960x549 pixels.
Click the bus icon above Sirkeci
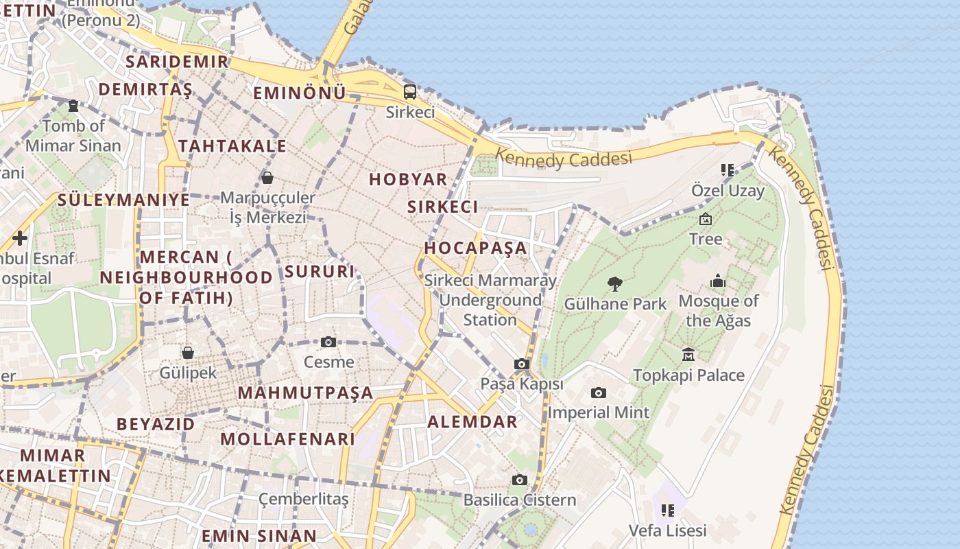coord(409,91)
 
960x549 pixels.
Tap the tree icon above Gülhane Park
coord(615,283)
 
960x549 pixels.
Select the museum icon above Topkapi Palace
coord(688,354)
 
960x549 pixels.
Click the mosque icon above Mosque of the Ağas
coord(718,281)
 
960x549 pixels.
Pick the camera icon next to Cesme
coord(328,342)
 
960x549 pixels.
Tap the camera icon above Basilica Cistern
coord(520,480)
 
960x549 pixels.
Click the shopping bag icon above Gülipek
coord(187,353)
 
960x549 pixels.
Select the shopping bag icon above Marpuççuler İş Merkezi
coord(267,178)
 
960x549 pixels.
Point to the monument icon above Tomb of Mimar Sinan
coord(73,106)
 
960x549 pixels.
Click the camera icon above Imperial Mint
coord(598,393)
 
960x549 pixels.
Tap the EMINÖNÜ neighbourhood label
coord(300,93)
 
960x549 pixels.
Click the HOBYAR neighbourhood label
coord(408,179)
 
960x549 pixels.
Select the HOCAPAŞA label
coord(476,248)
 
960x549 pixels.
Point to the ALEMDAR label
coord(472,421)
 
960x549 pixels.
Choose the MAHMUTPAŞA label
coord(305,393)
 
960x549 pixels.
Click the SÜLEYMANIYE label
coord(123,200)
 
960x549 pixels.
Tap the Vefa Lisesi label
coord(667,530)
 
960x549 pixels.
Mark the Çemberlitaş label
coord(303,499)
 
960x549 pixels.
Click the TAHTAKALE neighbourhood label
coord(232,145)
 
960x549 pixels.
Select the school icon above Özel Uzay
coord(727,170)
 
